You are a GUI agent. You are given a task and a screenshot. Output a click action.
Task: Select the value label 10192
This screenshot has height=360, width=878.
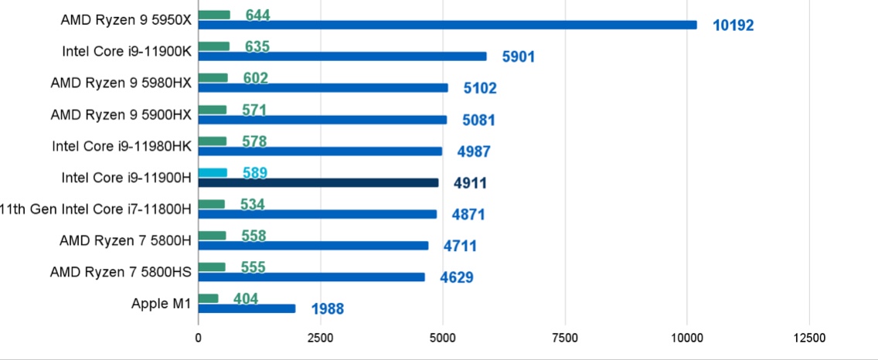[733, 25]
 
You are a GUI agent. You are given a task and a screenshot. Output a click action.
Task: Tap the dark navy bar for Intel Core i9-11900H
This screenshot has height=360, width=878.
[318, 183]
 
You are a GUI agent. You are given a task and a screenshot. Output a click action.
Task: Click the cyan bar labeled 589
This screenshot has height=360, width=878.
[213, 172]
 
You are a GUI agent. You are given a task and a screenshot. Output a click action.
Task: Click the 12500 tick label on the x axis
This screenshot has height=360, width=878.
[808, 338]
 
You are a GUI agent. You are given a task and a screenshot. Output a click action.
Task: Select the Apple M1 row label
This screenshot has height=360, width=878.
[161, 304]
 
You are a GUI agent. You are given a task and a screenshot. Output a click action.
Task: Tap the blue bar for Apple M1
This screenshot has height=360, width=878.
[247, 309]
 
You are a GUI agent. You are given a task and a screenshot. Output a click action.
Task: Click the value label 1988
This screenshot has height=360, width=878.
[327, 310]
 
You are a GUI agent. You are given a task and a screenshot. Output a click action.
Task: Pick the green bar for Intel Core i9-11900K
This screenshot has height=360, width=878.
[213, 46]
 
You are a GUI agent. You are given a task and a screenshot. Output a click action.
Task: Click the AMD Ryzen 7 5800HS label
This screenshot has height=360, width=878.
[121, 272]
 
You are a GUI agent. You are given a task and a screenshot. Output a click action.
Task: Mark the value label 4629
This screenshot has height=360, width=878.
[456, 278]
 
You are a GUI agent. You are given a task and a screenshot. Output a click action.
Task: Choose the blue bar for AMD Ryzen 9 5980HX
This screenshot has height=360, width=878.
[322, 88]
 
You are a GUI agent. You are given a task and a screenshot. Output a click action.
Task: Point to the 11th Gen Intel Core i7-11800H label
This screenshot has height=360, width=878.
[96, 209]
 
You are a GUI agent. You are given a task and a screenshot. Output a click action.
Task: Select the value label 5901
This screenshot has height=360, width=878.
[518, 57]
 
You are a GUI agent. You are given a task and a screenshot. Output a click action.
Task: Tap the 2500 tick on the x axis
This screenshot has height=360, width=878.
[320, 338]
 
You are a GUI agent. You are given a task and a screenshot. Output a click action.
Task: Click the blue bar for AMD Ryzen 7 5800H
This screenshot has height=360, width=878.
[313, 246]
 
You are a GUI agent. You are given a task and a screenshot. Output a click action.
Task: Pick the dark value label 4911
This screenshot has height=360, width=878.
[470, 184]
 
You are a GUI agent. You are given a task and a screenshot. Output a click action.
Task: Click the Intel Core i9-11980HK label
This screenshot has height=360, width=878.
[121, 145]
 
